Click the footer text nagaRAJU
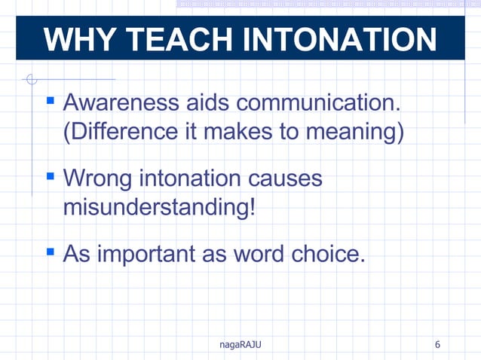pos(240,345)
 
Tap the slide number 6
pos(438,345)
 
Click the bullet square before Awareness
pos(51,98)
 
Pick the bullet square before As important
pos(51,250)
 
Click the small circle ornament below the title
pos(31,78)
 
